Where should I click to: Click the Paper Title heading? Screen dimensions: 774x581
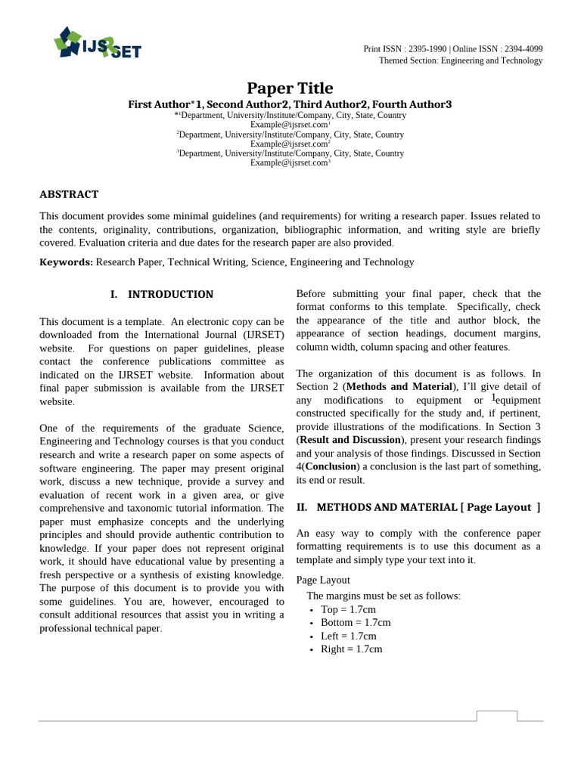click(290, 88)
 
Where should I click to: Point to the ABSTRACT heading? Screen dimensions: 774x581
click(69, 194)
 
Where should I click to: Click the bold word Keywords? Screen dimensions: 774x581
click(67, 262)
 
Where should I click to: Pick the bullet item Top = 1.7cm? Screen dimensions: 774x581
click(348, 609)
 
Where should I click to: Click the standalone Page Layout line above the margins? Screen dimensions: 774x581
click(323, 580)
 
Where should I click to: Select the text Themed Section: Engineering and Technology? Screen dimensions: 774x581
click(461, 60)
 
